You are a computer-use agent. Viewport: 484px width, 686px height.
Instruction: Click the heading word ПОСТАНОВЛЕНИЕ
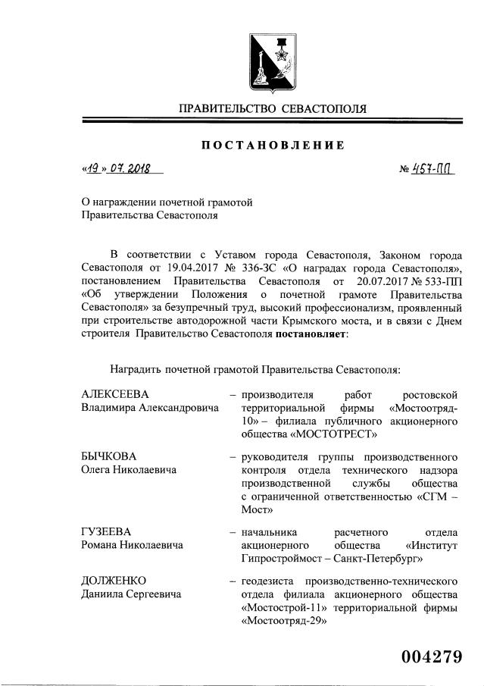(x=273, y=145)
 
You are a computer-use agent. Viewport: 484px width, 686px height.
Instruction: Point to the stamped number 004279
(x=425, y=657)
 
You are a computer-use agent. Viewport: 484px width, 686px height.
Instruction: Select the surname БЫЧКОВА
(x=110, y=456)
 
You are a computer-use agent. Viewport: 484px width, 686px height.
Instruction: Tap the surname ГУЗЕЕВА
(x=108, y=531)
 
